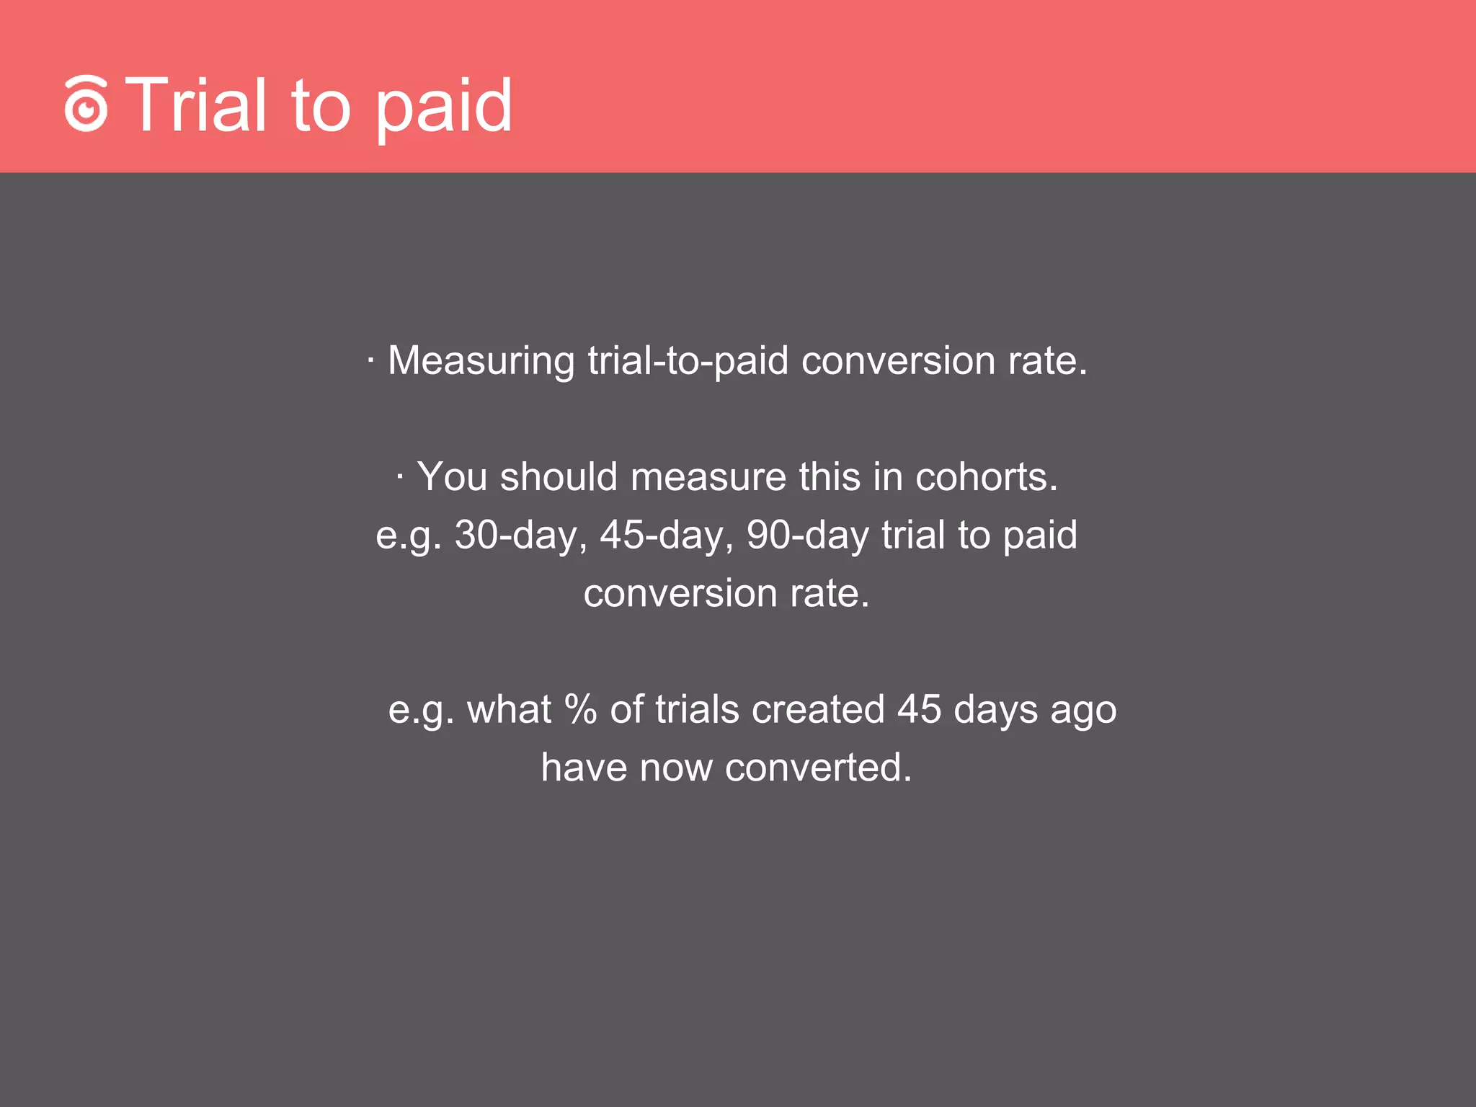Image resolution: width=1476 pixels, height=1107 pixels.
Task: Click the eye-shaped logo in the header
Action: point(86,105)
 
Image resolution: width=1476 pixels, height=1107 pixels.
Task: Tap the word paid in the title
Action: point(444,108)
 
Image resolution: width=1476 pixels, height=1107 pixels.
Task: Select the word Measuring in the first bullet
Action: point(481,361)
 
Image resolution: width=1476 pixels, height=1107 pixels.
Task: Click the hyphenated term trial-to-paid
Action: point(688,361)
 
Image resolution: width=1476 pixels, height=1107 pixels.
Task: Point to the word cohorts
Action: point(986,477)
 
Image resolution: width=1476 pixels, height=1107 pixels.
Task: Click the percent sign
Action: point(581,709)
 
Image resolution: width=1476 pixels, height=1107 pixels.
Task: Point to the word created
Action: point(818,709)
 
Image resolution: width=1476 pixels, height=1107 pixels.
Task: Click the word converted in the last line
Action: point(818,768)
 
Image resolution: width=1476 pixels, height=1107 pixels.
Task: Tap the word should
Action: point(559,477)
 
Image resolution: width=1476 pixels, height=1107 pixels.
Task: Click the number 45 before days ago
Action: point(919,709)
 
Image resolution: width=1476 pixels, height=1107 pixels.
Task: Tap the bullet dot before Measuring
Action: point(370,360)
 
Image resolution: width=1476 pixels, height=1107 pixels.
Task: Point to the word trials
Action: point(698,709)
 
